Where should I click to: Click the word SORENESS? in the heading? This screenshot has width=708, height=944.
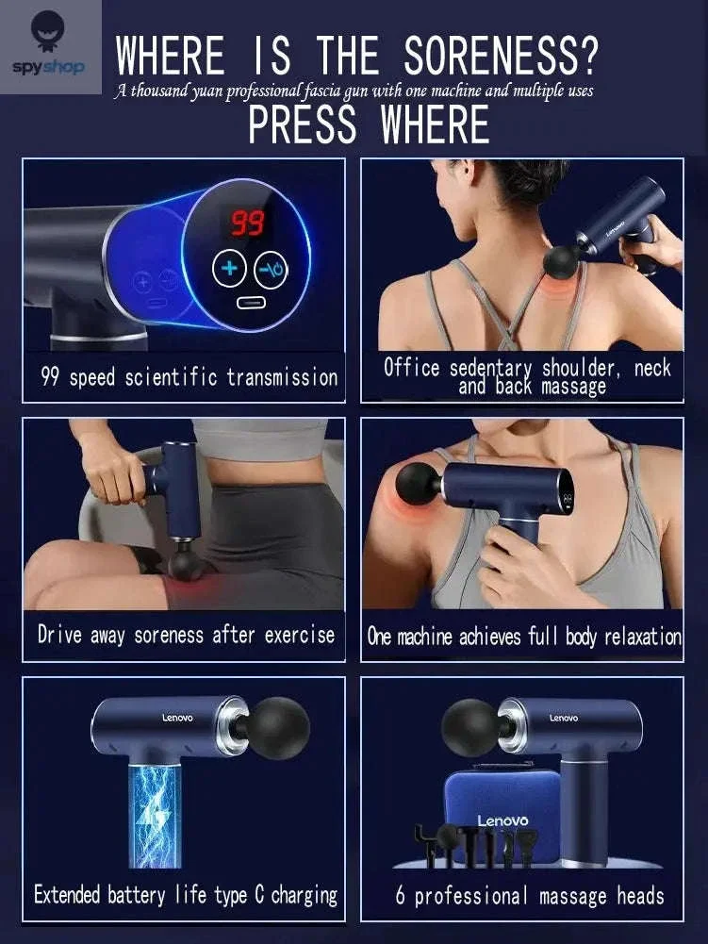click(x=501, y=56)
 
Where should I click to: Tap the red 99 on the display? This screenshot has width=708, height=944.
click(x=248, y=223)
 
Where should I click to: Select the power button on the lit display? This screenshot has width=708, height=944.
click(x=271, y=270)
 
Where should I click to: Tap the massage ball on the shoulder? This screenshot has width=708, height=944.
click(x=418, y=484)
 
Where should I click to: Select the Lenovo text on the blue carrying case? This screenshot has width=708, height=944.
click(x=502, y=820)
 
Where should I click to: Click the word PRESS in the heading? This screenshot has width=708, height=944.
click(x=303, y=124)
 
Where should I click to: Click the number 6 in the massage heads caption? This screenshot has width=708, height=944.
click(x=401, y=895)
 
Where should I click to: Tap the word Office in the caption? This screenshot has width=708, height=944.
click(x=412, y=367)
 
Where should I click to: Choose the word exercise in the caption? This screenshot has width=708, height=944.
click(x=299, y=635)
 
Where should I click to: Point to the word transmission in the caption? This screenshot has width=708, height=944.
click(x=283, y=377)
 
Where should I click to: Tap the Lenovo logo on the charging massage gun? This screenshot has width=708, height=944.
click(x=177, y=718)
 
